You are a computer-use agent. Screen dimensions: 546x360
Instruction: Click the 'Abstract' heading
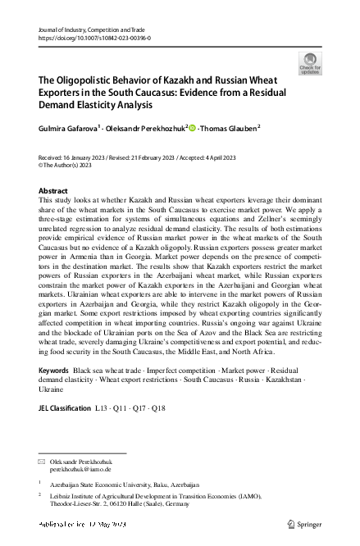[53, 190]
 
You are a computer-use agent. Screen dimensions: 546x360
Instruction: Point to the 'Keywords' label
[54, 394]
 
